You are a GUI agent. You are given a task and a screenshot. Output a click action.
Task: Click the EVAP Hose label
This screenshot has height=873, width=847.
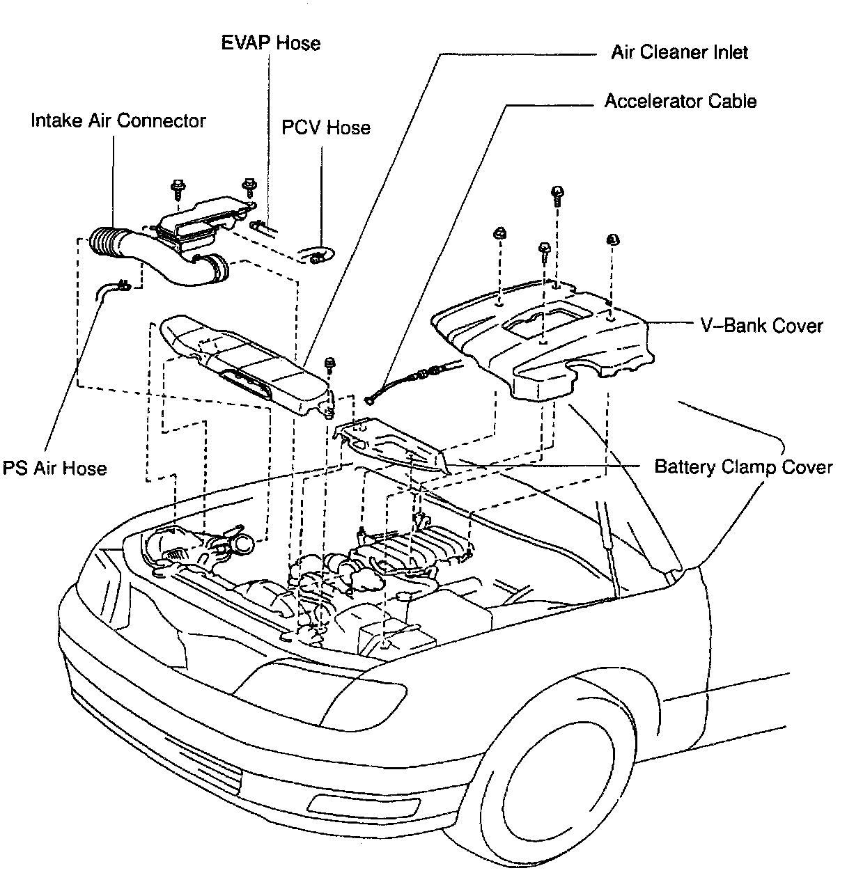tap(271, 43)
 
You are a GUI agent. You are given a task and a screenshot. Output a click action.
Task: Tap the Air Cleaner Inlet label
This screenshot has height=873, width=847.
tap(679, 53)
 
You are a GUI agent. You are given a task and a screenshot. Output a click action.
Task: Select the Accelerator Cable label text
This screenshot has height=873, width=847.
tap(680, 102)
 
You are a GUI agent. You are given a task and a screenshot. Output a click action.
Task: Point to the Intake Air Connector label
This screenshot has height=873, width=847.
tap(118, 120)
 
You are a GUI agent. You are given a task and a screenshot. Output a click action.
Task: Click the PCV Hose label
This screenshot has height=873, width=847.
tap(325, 128)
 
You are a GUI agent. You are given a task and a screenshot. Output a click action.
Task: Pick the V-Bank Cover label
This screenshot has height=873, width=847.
tap(761, 326)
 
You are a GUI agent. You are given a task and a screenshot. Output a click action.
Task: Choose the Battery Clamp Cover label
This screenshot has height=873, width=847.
tap(743, 466)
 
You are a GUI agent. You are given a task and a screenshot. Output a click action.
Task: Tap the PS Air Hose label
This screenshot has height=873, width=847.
tap(55, 468)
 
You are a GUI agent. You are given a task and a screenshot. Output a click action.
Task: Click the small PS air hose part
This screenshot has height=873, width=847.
tap(111, 289)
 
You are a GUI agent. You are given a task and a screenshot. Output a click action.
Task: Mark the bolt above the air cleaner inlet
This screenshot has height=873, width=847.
tap(329, 364)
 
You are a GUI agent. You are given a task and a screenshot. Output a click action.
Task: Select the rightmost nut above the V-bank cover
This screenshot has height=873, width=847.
tap(614, 240)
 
